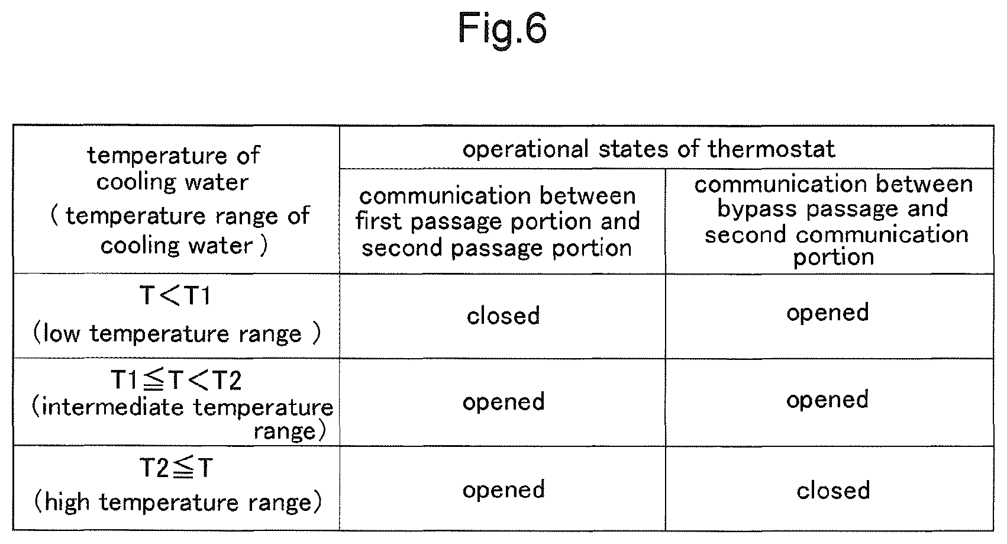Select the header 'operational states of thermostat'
(x=648, y=149)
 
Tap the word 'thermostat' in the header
(x=772, y=149)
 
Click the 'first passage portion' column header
(x=498, y=221)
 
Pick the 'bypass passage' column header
(x=834, y=220)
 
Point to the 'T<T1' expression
(x=175, y=295)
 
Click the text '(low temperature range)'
(x=177, y=334)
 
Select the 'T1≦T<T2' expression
(x=176, y=380)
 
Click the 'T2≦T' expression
(x=176, y=468)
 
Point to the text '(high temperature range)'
(x=178, y=502)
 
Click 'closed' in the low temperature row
(x=503, y=316)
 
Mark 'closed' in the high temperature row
(x=833, y=491)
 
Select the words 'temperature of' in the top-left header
(x=173, y=156)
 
